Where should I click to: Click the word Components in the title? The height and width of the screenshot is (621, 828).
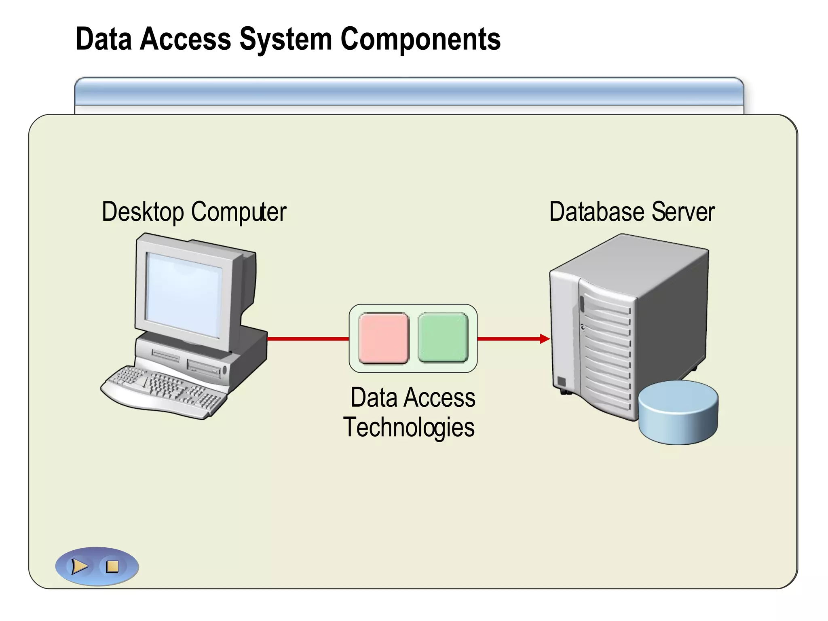420,39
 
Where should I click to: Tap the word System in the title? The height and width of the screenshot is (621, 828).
285,39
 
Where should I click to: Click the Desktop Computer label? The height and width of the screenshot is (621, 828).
194,212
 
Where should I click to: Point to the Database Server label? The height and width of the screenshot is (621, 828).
632,212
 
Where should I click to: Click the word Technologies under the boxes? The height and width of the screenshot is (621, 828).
409,428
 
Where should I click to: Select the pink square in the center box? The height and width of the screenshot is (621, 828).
384,338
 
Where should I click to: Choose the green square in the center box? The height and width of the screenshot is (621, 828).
443,338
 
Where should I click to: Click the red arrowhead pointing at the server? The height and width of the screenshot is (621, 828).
545,338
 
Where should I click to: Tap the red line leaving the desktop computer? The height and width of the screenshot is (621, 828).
307,338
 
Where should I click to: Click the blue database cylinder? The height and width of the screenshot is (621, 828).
678,412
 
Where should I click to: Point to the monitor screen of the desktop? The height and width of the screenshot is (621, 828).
184,295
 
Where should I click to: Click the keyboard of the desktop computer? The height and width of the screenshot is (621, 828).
164,390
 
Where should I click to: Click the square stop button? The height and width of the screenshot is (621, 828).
112,566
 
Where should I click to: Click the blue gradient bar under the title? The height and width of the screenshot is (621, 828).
408,92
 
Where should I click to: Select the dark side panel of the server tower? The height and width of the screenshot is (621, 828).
671,315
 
